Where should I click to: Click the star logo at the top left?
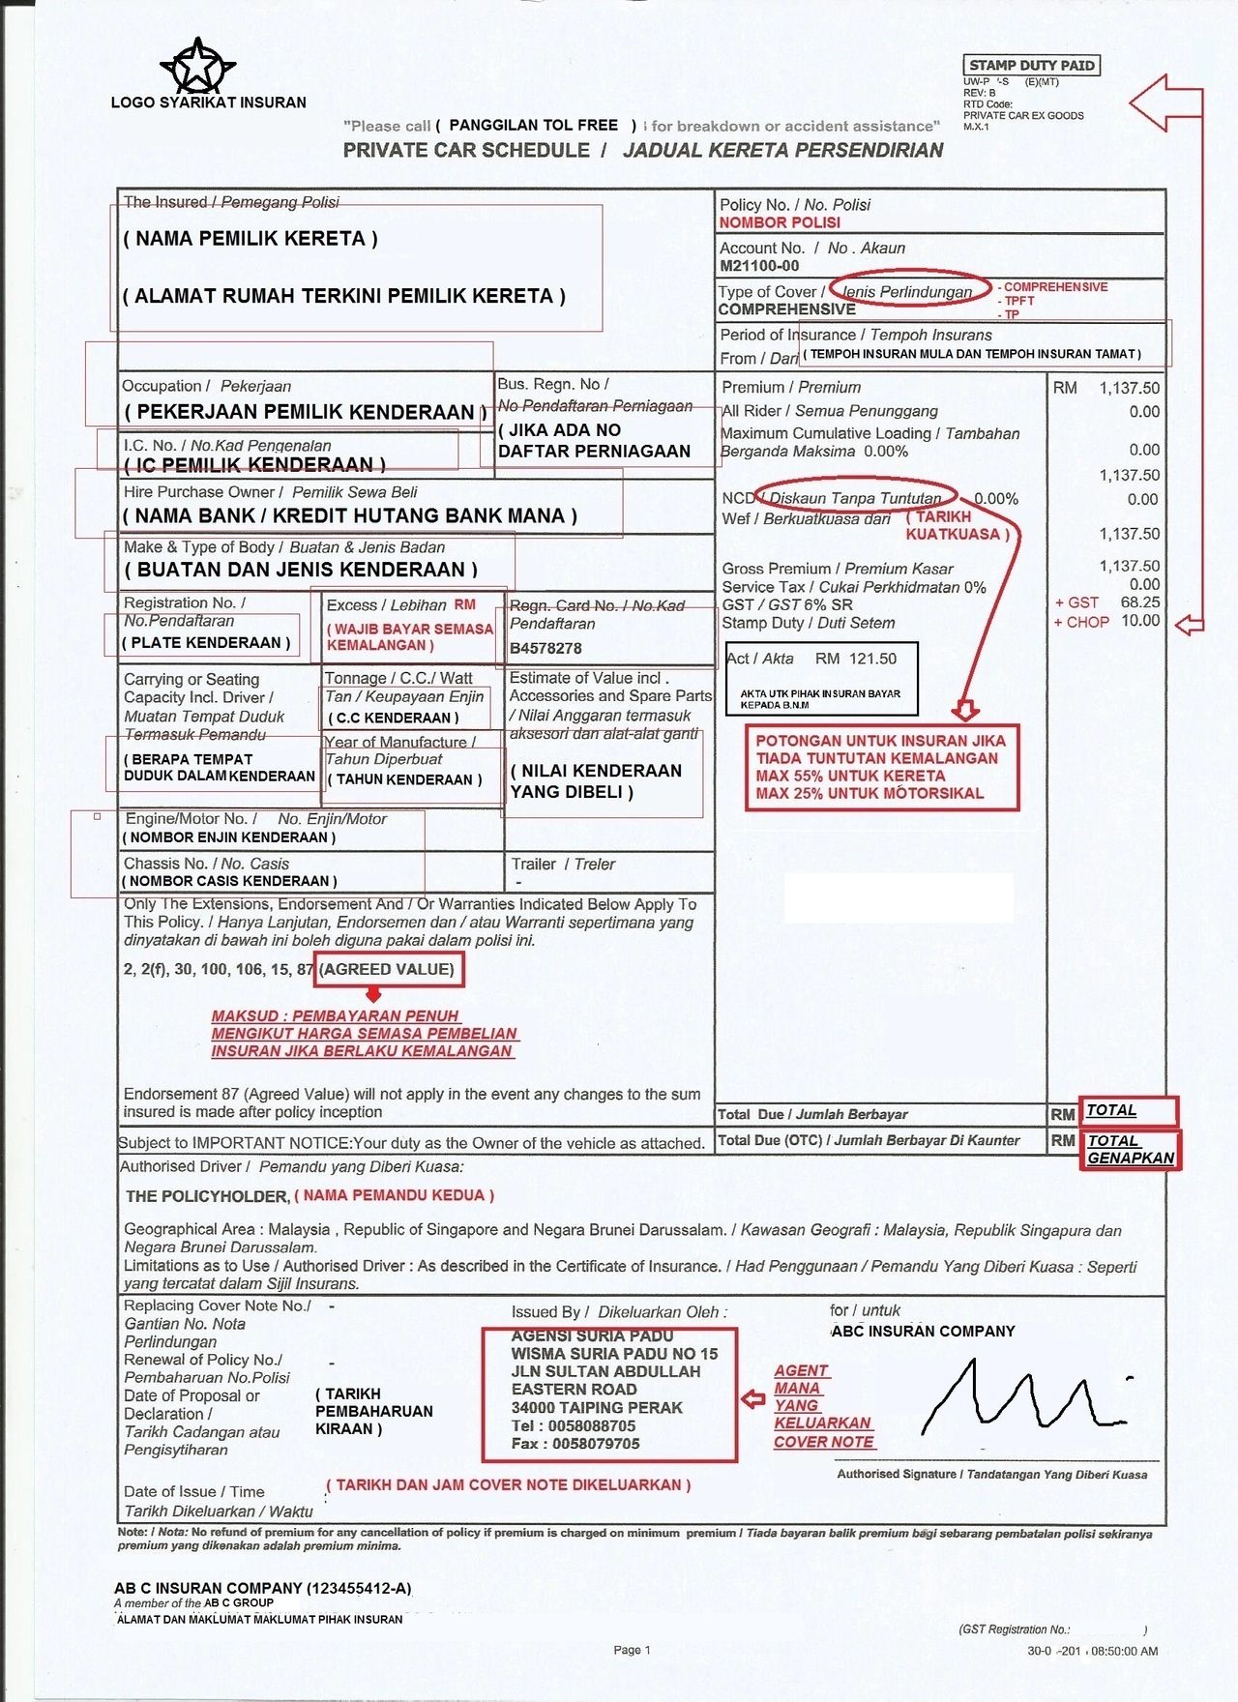coord(198,66)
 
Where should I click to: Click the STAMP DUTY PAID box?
coord(1032,66)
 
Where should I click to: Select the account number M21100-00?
coord(759,266)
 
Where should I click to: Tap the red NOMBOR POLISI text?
coord(780,222)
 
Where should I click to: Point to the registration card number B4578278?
coord(545,648)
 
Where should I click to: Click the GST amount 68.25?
coord(1140,602)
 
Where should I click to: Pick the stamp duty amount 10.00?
coord(1140,621)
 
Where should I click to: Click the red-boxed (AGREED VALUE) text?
coord(388,969)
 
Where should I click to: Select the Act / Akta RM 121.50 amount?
coord(856,659)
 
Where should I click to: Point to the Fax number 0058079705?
coord(596,1444)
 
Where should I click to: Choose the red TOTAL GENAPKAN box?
coord(1130,1149)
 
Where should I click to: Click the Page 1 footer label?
coord(632,1650)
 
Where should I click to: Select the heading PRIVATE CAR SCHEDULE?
coord(466,150)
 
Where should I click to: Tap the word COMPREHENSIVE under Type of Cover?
coord(787,309)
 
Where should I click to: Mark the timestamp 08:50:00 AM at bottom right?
coord(1124,1651)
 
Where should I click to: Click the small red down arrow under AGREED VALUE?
coord(374,994)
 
